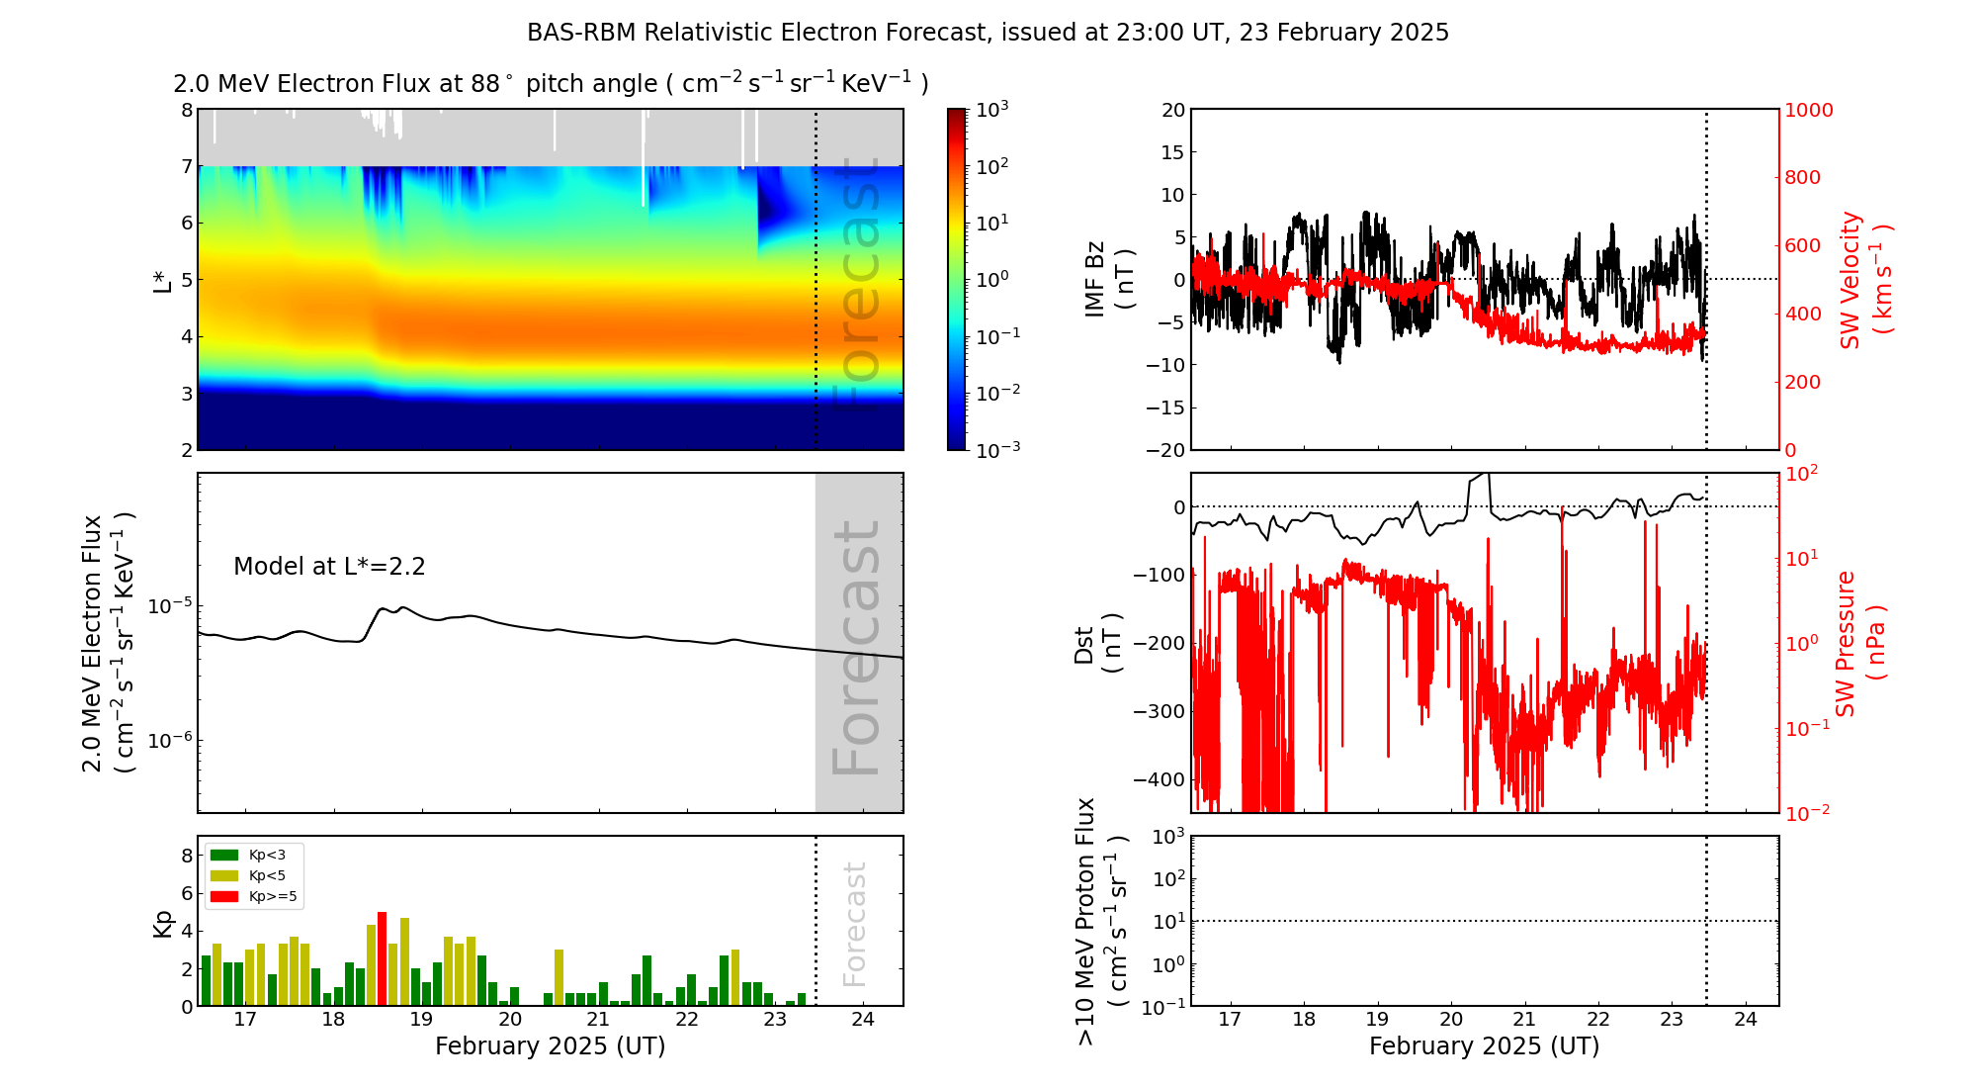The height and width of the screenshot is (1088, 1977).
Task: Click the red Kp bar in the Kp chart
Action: [x=382, y=958]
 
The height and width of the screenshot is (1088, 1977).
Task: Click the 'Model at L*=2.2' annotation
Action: [x=329, y=567]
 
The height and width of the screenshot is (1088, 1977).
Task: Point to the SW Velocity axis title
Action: [x=1863, y=279]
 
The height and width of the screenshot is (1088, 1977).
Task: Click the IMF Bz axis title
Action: [x=1109, y=281]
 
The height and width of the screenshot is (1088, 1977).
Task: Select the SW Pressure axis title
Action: [x=1859, y=643]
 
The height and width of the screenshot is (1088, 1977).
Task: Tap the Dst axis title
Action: [x=1097, y=644]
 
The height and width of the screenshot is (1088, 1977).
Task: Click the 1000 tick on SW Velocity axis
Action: [x=1808, y=110]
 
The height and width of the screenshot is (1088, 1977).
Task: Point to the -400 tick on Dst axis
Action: [x=1159, y=779]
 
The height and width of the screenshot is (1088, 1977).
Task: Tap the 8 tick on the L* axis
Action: [x=187, y=110]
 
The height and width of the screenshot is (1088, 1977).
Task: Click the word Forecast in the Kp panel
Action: [x=854, y=923]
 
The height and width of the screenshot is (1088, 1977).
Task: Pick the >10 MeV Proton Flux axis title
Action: [x=1101, y=921]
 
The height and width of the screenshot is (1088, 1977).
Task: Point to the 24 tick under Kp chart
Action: [x=863, y=1020]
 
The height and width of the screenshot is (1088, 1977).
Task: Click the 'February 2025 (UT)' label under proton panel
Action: [x=1484, y=1046]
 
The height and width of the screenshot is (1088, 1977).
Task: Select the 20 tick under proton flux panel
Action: [x=1451, y=1020]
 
